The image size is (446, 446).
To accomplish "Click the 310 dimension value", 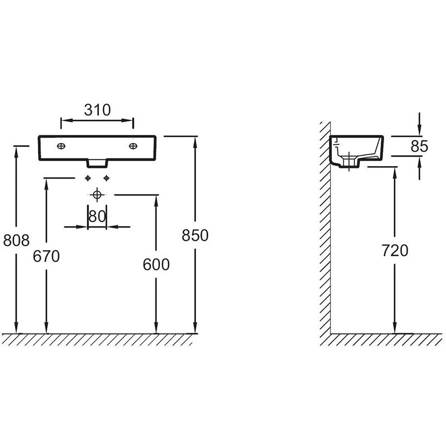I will click(x=97, y=110).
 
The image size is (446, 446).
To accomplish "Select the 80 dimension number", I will click(x=97, y=216).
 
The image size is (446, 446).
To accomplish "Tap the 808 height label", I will click(x=16, y=240).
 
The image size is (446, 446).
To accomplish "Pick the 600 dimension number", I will click(x=156, y=264).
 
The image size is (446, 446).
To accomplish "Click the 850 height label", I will click(x=195, y=235).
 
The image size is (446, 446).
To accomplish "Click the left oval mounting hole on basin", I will click(x=61, y=146).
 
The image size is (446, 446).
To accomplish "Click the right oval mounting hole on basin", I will click(x=133, y=146).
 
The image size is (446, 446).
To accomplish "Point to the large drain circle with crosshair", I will click(x=97, y=195).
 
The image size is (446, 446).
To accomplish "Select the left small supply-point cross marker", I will click(x=88, y=178).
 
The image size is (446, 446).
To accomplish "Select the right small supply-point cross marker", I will click(x=106, y=178).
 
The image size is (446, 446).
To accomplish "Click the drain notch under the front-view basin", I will click(x=97, y=162).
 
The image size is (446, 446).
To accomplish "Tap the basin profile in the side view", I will click(x=357, y=151).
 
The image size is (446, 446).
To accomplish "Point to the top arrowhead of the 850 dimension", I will click(x=195, y=139).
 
